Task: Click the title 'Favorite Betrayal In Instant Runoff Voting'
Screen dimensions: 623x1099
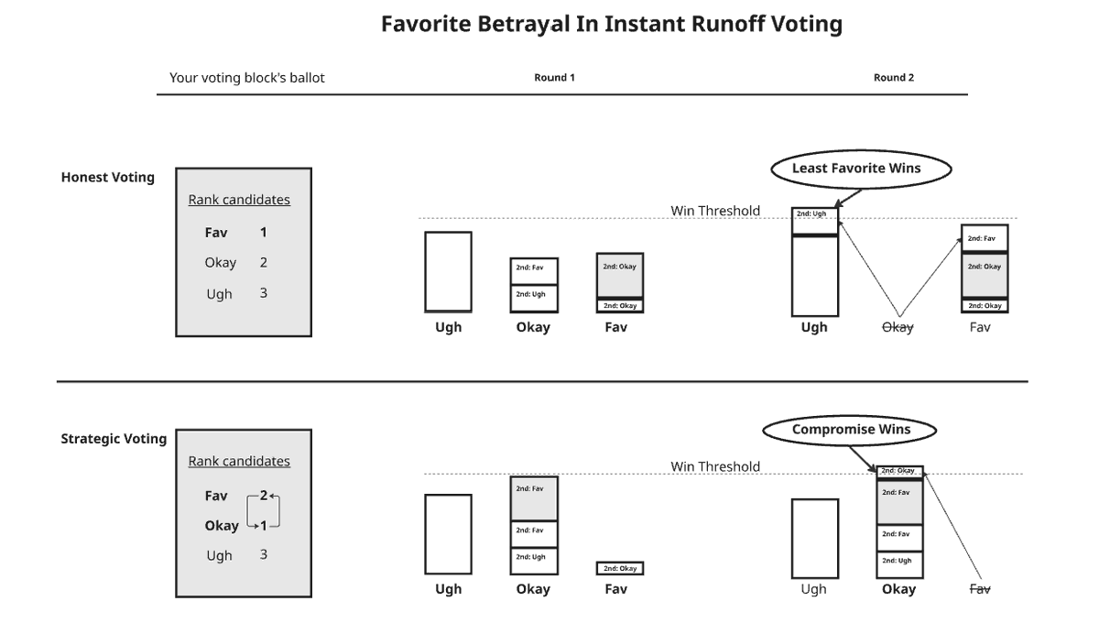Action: (x=612, y=24)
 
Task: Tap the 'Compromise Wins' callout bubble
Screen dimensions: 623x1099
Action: (x=852, y=430)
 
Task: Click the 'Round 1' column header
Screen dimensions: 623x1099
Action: (x=554, y=78)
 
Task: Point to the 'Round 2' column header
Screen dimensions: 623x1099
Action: (x=893, y=78)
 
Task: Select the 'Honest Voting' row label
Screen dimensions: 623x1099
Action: (x=108, y=178)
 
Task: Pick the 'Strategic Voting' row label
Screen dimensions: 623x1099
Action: (x=114, y=439)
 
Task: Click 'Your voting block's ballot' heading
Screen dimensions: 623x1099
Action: (x=247, y=78)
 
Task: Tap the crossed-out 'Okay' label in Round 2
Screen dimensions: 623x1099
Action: (x=898, y=327)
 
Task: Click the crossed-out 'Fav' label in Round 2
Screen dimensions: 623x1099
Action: (x=980, y=589)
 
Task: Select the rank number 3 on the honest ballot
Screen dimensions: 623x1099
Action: (x=263, y=293)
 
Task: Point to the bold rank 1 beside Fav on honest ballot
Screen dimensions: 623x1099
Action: (x=263, y=233)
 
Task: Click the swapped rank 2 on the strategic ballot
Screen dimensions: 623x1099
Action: (x=264, y=496)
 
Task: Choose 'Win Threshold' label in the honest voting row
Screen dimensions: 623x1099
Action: (x=715, y=211)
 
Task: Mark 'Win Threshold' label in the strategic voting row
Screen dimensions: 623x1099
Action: (x=715, y=466)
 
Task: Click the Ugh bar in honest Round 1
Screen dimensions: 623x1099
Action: (x=449, y=272)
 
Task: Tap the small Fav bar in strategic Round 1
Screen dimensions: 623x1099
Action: (x=621, y=569)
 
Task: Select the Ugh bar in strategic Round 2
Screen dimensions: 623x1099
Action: (x=814, y=538)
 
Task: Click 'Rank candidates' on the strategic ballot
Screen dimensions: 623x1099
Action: (x=239, y=461)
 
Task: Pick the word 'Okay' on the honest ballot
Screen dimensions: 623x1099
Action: (x=220, y=263)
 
